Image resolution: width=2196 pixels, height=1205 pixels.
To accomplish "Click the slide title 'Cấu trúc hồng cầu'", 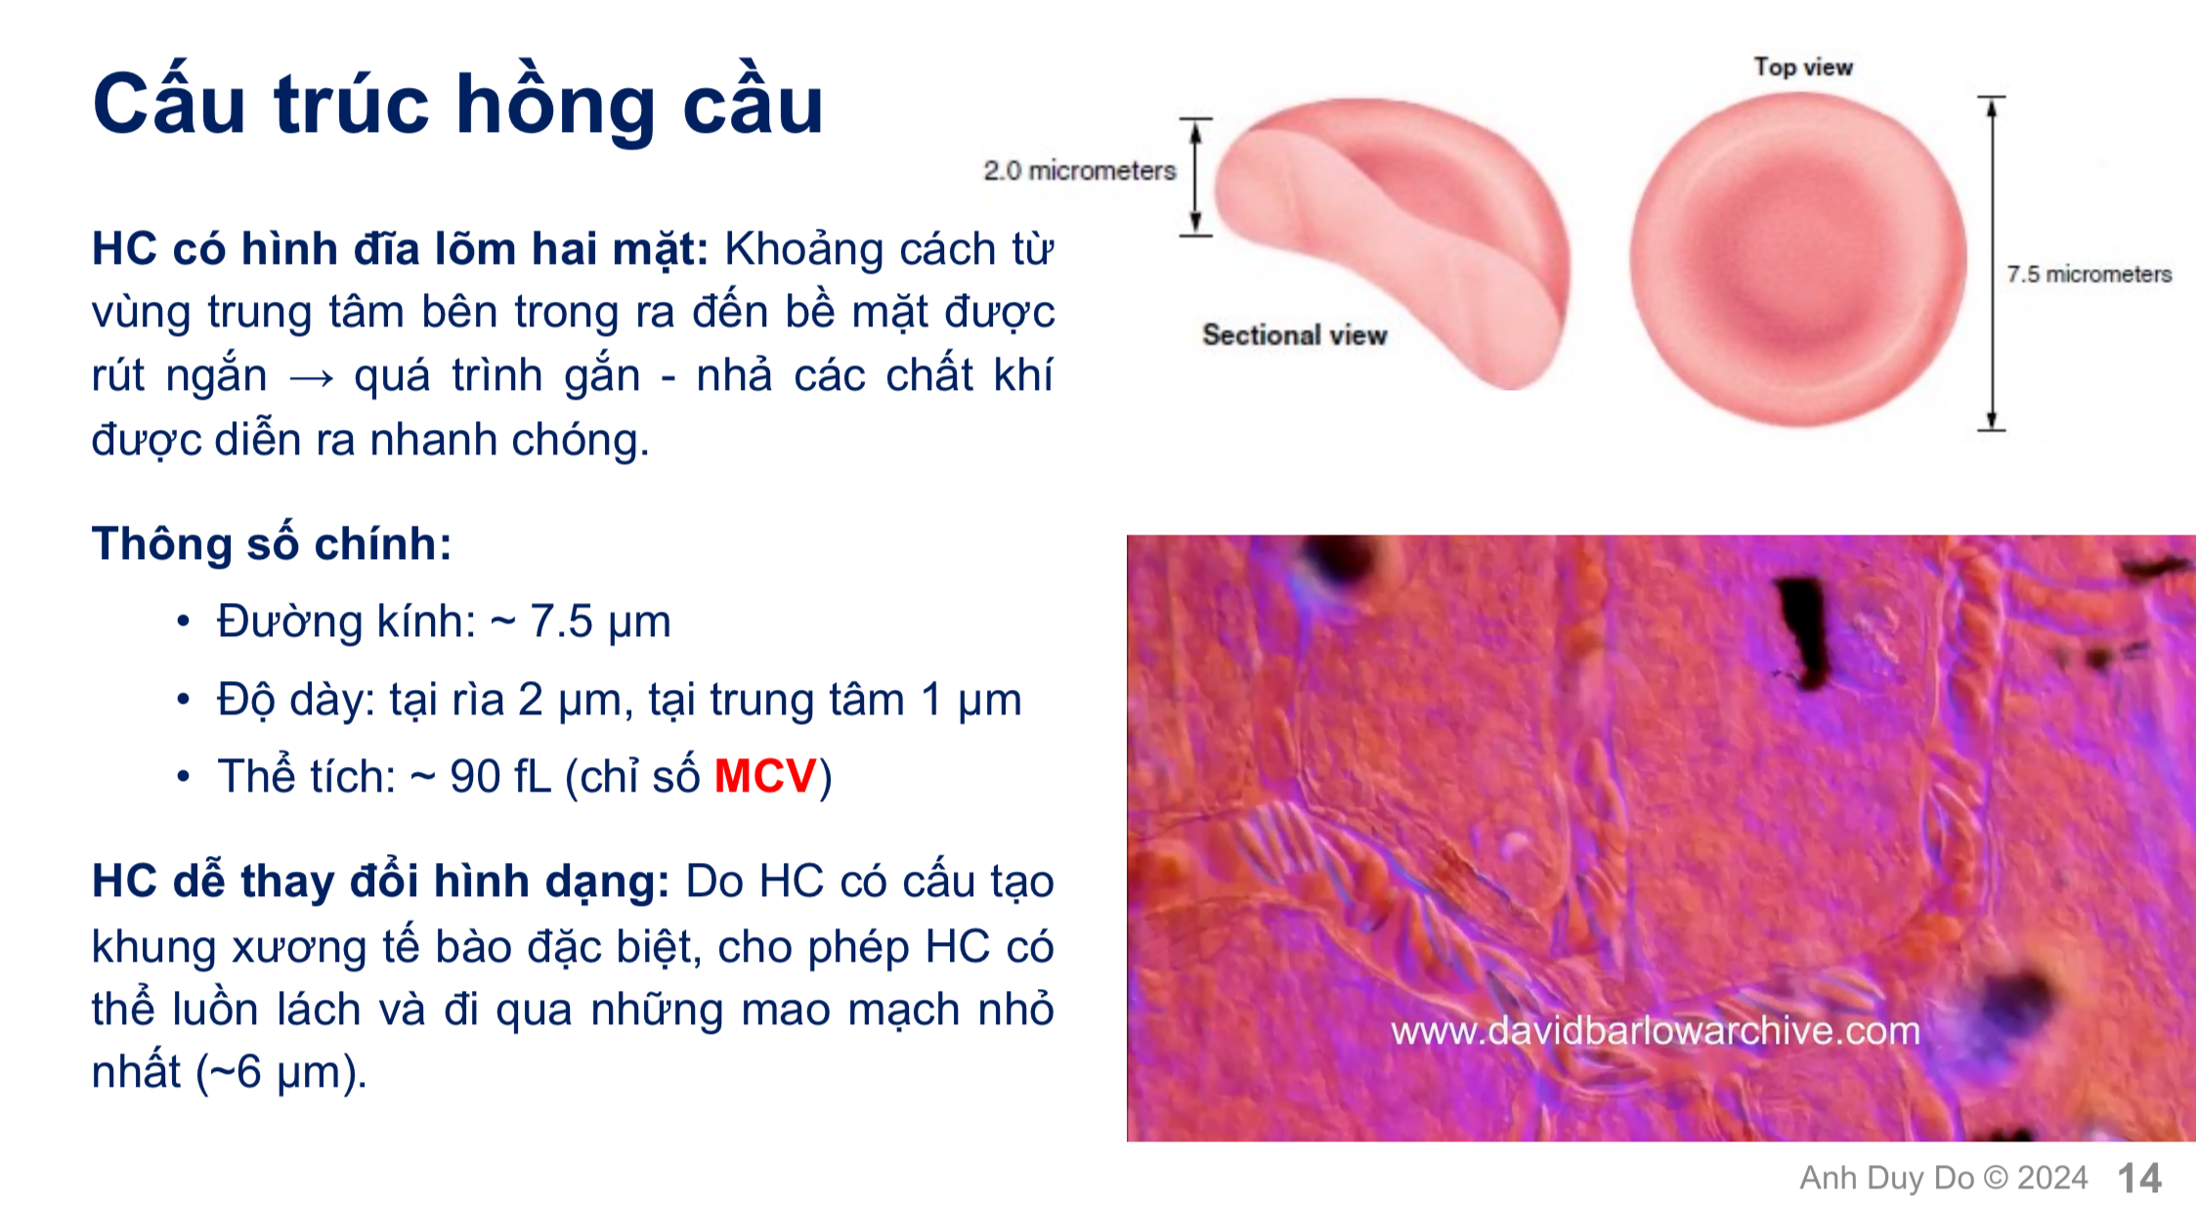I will pos(457,105).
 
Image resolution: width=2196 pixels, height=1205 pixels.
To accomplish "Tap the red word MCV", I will pos(764,777).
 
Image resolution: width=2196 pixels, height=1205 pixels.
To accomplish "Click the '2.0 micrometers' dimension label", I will pos(1079,171).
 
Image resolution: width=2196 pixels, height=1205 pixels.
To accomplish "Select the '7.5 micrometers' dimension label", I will pos(2088,275).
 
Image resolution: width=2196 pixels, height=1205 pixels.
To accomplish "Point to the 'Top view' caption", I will pos(1803,67).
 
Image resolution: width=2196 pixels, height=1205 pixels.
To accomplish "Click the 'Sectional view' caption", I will pos(1294,335).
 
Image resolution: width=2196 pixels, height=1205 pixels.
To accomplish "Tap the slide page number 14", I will pos(2139,1178).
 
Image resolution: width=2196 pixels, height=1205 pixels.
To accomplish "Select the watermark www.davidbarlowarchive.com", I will pos(1656,1031).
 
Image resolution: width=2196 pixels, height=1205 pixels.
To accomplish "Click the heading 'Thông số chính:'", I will pos(272,543).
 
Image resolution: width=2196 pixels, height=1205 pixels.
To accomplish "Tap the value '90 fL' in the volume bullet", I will pos(500,777).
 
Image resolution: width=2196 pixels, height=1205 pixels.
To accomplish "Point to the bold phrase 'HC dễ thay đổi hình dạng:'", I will pos(380,882).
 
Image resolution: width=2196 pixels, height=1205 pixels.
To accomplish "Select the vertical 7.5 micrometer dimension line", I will pos(1991,264).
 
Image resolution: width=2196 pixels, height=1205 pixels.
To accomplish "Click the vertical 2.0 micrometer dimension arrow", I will pos(1195,177).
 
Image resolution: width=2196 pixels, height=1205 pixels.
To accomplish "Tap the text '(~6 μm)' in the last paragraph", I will pos(281,1072).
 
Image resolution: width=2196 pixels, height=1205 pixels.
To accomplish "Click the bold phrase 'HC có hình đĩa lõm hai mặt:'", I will pos(400,249).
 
